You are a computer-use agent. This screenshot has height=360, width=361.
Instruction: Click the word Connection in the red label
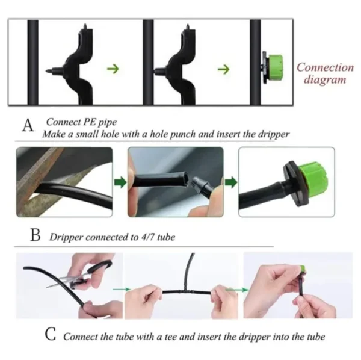325,67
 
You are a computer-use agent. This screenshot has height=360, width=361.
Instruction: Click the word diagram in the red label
325,79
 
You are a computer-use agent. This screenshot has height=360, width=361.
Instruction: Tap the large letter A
28,126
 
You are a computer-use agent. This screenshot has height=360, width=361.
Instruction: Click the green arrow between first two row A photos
119,182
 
